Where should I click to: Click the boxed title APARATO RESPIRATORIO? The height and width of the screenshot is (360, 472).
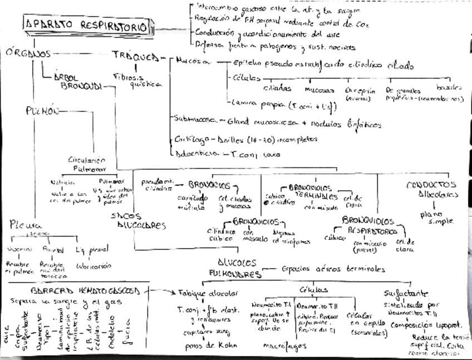[x=86, y=26]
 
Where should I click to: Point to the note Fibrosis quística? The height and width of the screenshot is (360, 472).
[x=136, y=80]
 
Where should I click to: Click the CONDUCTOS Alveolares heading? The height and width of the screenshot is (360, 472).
[x=431, y=189]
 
